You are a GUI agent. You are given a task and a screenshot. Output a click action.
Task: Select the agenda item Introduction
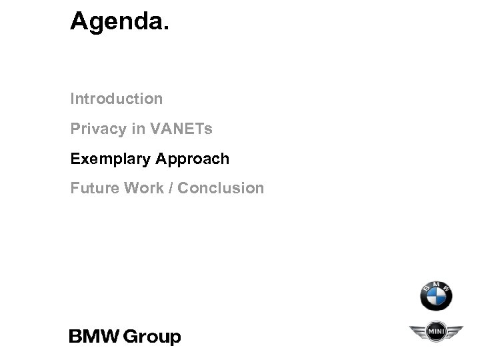(x=117, y=99)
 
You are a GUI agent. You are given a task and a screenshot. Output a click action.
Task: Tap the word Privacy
(x=99, y=129)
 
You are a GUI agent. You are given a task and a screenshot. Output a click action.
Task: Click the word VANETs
(x=182, y=129)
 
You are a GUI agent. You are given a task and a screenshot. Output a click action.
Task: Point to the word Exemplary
(x=109, y=159)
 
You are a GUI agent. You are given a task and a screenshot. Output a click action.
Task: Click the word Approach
(x=193, y=159)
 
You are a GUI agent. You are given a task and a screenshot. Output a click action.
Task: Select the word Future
(x=93, y=189)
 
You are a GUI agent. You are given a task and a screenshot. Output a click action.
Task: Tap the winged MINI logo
(x=435, y=332)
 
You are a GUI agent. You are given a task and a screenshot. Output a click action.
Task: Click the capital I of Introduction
(x=73, y=99)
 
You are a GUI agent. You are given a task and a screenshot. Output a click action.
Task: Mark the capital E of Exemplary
(x=75, y=159)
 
